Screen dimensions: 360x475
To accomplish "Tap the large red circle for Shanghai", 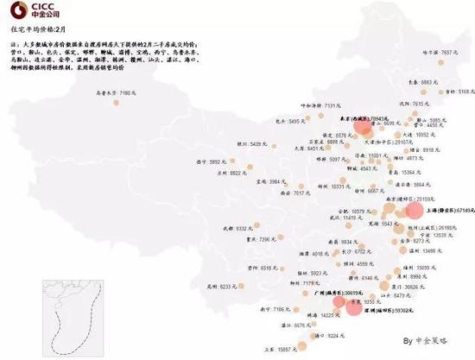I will point(415,211).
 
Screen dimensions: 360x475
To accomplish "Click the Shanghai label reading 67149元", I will point(447,210).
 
